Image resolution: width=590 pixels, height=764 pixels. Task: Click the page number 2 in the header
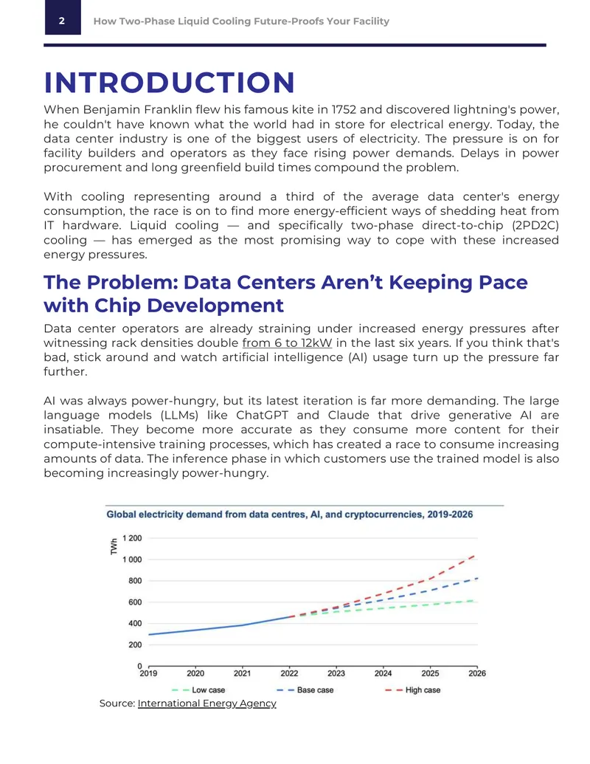click(62, 21)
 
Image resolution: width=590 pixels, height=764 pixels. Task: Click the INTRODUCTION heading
click(170, 83)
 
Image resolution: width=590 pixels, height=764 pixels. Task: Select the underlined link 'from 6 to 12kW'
click(287, 343)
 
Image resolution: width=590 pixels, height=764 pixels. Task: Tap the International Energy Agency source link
click(207, 703)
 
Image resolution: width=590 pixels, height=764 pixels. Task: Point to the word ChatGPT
click(263, 415)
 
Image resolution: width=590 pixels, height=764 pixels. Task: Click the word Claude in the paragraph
click(349, 415)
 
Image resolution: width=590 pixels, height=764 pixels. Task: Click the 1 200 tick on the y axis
click(132, 538)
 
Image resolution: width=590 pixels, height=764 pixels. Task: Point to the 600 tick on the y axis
click(135, 602)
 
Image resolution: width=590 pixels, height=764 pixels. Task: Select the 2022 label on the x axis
click(289, 673)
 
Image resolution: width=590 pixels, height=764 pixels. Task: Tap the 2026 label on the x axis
click(477, 673)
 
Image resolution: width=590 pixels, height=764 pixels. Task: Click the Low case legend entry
click(198, 690)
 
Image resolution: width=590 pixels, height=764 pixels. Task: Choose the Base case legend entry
click(305, 690)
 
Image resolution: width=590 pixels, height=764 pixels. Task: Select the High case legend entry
click(413, 690)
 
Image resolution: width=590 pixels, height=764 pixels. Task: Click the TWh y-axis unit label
click(114, 547)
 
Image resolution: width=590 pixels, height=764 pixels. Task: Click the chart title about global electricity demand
click(290, 515)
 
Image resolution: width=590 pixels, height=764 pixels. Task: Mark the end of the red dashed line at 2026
click(475, 555)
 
